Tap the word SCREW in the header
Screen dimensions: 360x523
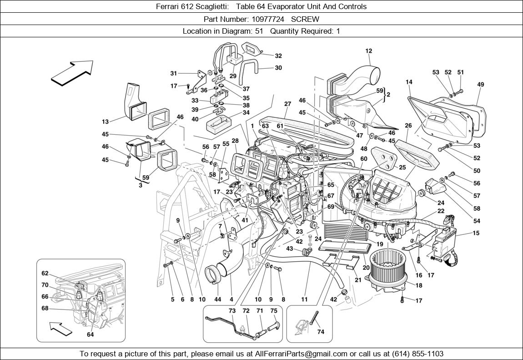pyautogui.click(x=305, y=19)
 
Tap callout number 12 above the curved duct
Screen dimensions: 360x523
pyautogui.click(x=368, y=51)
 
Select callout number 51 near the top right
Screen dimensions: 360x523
pyautogui.click(x=461, y=72)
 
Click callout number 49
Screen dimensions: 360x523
pyautogui.click(x=481, y=85)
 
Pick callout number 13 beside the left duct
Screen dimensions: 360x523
pyautogui.click(x=105, y=122)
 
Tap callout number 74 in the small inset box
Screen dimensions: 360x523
pyautogui.click(x=321, y=332)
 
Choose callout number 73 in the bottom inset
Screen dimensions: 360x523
pyautogui.click(x=232, y=310)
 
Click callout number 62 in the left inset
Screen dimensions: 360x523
pyautogui.click(x=45, y=274)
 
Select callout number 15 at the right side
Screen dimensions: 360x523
pyautogui.click(x=476, y=233)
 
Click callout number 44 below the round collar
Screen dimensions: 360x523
pyautogui.click(x=217, y=299)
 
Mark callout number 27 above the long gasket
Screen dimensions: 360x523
pyautogui.click(x=287, y=104)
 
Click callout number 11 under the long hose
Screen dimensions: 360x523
pyautogui.click(x=304, y=299)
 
